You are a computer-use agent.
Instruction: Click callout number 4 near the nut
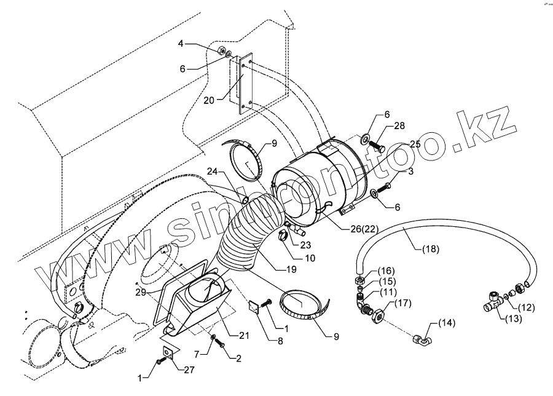pos(181,43)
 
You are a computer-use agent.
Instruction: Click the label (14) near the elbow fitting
pos(447,323)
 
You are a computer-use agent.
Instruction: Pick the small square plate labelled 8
pos(254,306)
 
